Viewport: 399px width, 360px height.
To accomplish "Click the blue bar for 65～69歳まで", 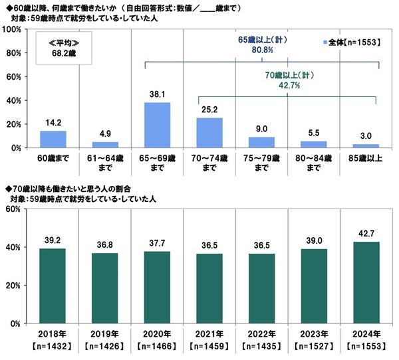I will pyautogui.click(x=158, y=125).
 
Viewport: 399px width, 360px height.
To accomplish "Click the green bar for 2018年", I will pyautogui.click(x=53, y=286).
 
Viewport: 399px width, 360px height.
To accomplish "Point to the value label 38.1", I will pyautogui.click(x=158, y=95).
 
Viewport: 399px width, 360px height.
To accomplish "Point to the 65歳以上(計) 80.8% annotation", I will pyautogui.click(x=261, y=45).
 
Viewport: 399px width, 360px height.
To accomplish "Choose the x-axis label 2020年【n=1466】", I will pyautogui.click(x=158, y=340).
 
